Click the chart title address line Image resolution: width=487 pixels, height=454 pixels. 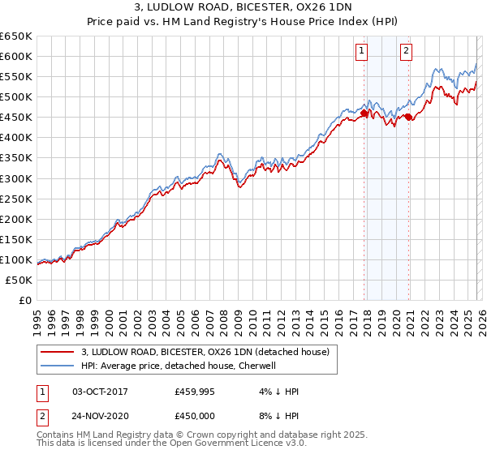[243, 8]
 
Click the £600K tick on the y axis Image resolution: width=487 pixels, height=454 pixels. [16, 56]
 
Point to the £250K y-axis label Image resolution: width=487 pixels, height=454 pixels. [16, 199]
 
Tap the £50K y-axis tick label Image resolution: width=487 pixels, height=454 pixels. [19, 280]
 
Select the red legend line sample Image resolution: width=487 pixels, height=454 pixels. [57, 353]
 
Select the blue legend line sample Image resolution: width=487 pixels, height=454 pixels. [57, 366]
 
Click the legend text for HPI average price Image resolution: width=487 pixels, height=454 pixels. [179, 366]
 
